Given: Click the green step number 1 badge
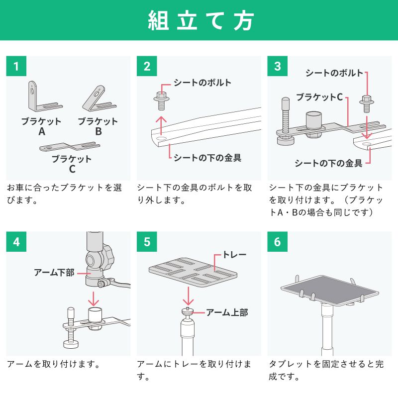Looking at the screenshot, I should point(16,66).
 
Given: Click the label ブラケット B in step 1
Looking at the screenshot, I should point(98,126).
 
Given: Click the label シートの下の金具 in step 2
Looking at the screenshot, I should point(207,158).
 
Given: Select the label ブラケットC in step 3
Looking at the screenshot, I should point(319,97).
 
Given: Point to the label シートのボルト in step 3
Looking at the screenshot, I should point(334,73).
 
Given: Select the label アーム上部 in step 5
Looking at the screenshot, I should point(227,312).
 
